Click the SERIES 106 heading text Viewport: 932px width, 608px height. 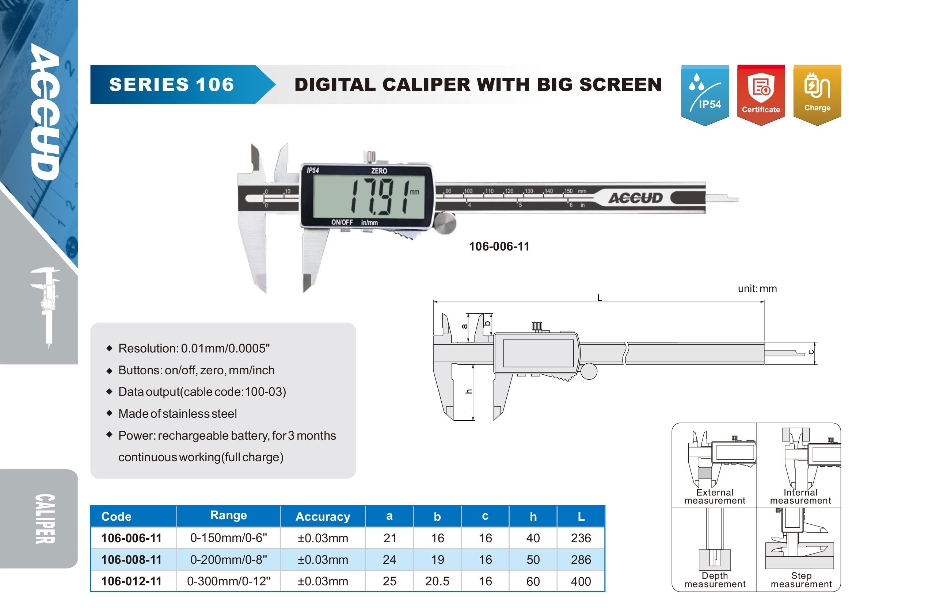pyautogui.click(x=171, y=85)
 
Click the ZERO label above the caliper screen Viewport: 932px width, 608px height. pyautogui.click(x=379, y=171)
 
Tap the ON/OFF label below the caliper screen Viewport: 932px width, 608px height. pyautogui.click(x=342, y=222)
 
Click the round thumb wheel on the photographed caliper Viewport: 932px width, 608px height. pyautogui.click(x=445, y=223)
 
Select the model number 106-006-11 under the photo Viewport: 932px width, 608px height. pyautogui.click(x=499, y=246)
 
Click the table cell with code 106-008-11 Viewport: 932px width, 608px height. pyautogui.click(x=132, y=559)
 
